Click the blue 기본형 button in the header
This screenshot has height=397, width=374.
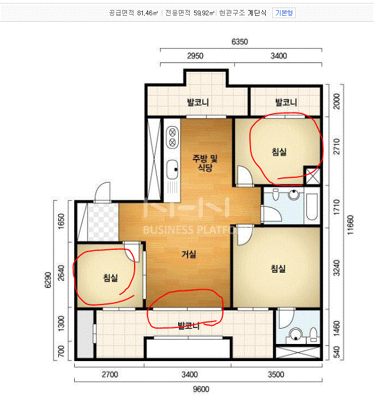tap(284, 13)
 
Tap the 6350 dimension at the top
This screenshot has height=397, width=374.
tap(239, 41)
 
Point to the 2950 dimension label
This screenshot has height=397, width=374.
tap(195, 56)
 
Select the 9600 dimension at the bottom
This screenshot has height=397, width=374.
tap(201, 389)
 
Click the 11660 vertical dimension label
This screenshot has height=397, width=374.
tap(350, 225)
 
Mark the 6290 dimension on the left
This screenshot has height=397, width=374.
tap(48, 280)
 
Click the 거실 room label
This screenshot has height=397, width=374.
tap(189, 254)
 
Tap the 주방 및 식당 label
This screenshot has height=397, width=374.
tap(205, 163)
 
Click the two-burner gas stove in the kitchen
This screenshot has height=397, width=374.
tap(172, 137)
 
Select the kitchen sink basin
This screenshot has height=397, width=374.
tap(173, 169)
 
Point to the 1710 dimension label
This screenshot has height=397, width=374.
tap(336, 207)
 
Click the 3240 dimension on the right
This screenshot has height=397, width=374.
tap(336, 268)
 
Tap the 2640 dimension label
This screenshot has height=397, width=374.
tap(61, 273)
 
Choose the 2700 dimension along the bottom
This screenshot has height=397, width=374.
tap(110, 375)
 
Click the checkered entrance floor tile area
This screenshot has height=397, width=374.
tap(103, 222)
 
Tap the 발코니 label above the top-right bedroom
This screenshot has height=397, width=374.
tap(286, 102)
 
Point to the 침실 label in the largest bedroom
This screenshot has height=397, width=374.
tap(278, 269)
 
